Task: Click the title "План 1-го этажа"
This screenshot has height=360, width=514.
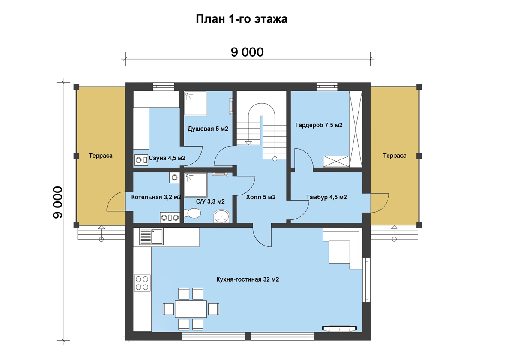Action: coord(242,19)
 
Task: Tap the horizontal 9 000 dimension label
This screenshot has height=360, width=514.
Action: coord(247,52)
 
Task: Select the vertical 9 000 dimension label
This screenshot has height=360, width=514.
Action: coord(57,202)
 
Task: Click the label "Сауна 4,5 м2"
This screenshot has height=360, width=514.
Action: coord(167,158)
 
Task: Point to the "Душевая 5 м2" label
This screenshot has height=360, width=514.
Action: coord(208,129)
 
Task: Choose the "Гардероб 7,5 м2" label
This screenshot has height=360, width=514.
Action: coord(319,125)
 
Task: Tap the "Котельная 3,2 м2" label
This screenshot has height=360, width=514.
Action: coord(156,197)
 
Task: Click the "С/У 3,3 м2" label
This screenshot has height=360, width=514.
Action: coord(210,201)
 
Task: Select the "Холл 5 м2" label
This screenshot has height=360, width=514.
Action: coord(261,197)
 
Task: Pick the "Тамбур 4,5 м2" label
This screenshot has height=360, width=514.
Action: coord(326,197)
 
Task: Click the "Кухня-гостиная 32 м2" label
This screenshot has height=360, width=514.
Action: coord(248,279)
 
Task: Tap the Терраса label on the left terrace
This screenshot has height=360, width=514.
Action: coord(101,156)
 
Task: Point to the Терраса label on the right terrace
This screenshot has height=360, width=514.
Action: coord(394,156)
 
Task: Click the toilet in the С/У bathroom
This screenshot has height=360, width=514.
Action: coord(192,213)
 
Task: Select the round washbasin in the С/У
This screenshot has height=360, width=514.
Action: coord(221,216)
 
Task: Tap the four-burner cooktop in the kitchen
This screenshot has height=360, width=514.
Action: coord(142,283)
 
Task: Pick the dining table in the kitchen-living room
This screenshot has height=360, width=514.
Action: coord(191,309)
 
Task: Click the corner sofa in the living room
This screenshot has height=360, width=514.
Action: coord(341,248)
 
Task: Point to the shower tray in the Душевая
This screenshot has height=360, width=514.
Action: coord(195,103)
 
